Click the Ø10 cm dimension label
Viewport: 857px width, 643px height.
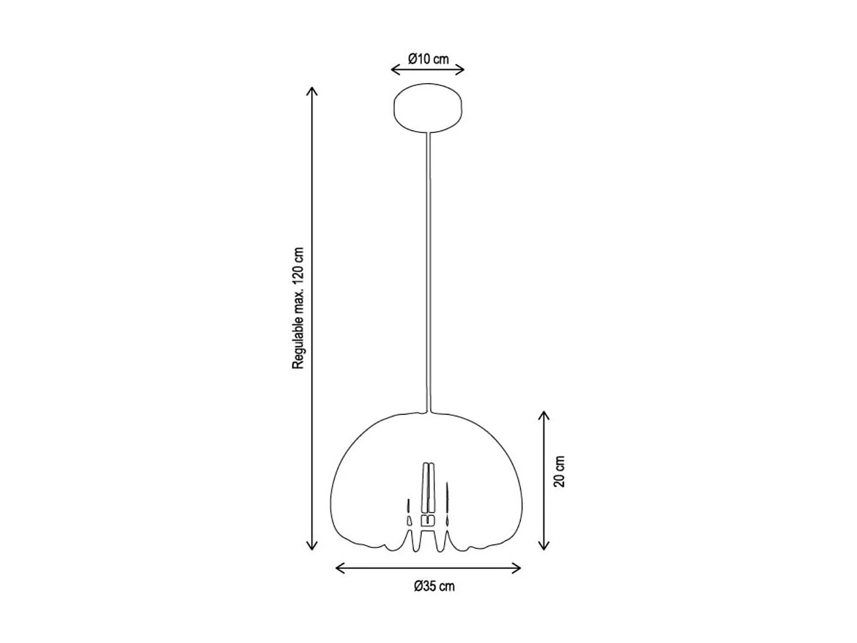pyautogui.click(x=428, y=59)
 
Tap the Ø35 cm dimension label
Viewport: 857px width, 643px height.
pyautogui.click(x=434, y=586)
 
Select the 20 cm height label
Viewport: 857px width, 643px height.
pyautogui.click(x=560, y=472)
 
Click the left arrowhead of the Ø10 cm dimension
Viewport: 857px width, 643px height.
pyautogui.click(x=394, y=69)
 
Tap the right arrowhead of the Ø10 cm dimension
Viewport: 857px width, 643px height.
pyautogui.click(x=461, y=69)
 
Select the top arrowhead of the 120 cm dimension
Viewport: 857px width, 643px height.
pyautogui.click(x=311, y=91)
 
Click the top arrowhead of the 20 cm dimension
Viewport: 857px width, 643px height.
pyautogui.click(x=544, y=415)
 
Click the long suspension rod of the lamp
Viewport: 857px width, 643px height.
pyautogui.click(x=428, y=271)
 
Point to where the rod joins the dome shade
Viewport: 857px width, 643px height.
pyautogui.click(x=428, y=412)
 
